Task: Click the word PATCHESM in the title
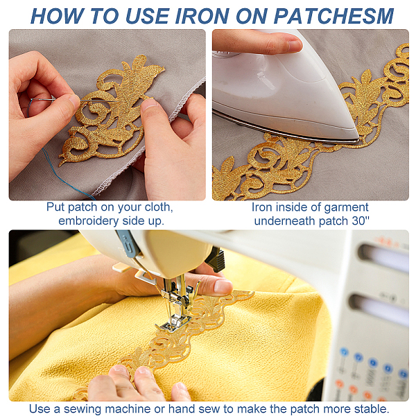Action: click(x=333, y=16)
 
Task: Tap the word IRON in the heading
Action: click(x=202, y=16)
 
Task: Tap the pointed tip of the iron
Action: click(x=358, y=139)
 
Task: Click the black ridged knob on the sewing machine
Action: click(x=216, y=261)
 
